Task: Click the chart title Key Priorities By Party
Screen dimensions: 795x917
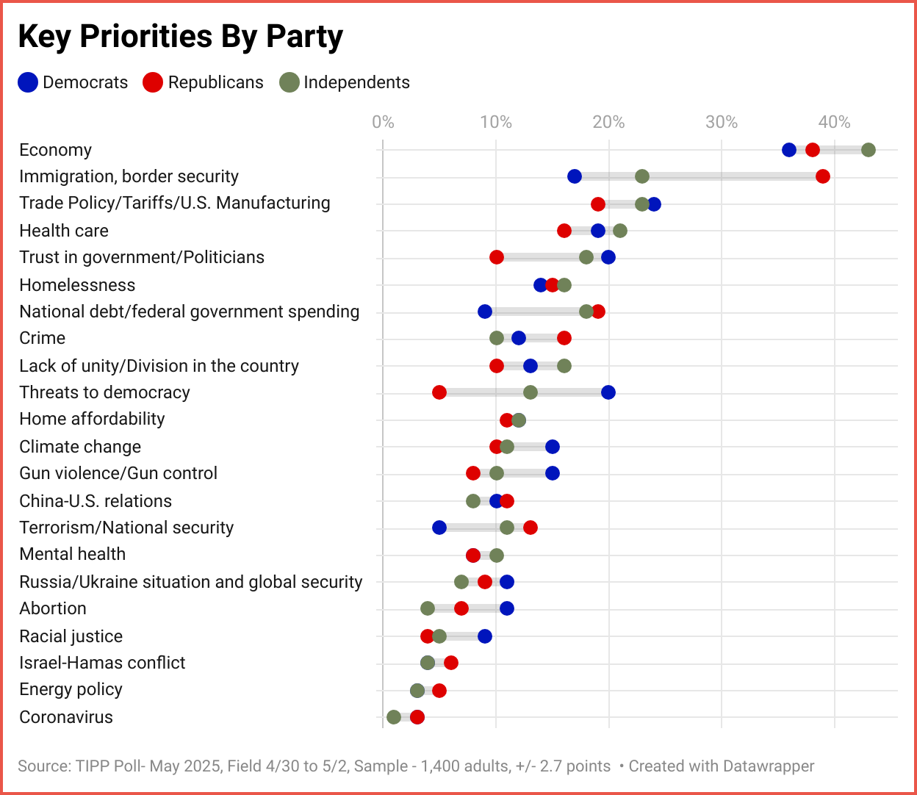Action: point(180,36)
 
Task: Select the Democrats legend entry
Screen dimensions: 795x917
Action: point(73,82)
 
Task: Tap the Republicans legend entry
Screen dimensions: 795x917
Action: point(203,82)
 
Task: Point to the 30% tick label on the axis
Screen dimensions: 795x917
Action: point(721,122)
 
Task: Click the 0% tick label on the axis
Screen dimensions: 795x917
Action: point(383,122)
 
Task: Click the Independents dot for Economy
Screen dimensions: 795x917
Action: point(868,150)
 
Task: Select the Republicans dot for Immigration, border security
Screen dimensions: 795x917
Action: point(823,176)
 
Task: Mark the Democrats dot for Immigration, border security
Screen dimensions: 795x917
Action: point(575,176)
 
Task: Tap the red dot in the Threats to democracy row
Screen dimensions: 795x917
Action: point(439,392)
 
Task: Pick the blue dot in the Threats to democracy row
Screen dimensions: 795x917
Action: point(608,392)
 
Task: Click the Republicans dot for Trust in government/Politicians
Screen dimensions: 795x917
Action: point(497,257)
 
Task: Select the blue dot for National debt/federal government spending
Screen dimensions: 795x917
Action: point(485,312)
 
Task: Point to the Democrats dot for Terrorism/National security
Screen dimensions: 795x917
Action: point(439,528)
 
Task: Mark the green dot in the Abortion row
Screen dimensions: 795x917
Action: point(428,608)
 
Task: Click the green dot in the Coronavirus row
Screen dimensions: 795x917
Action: point(394,717)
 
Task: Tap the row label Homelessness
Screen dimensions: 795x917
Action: point(77,285)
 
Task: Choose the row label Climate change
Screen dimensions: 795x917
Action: point(80,447)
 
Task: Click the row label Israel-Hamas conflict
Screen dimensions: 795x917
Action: point(102,663)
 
